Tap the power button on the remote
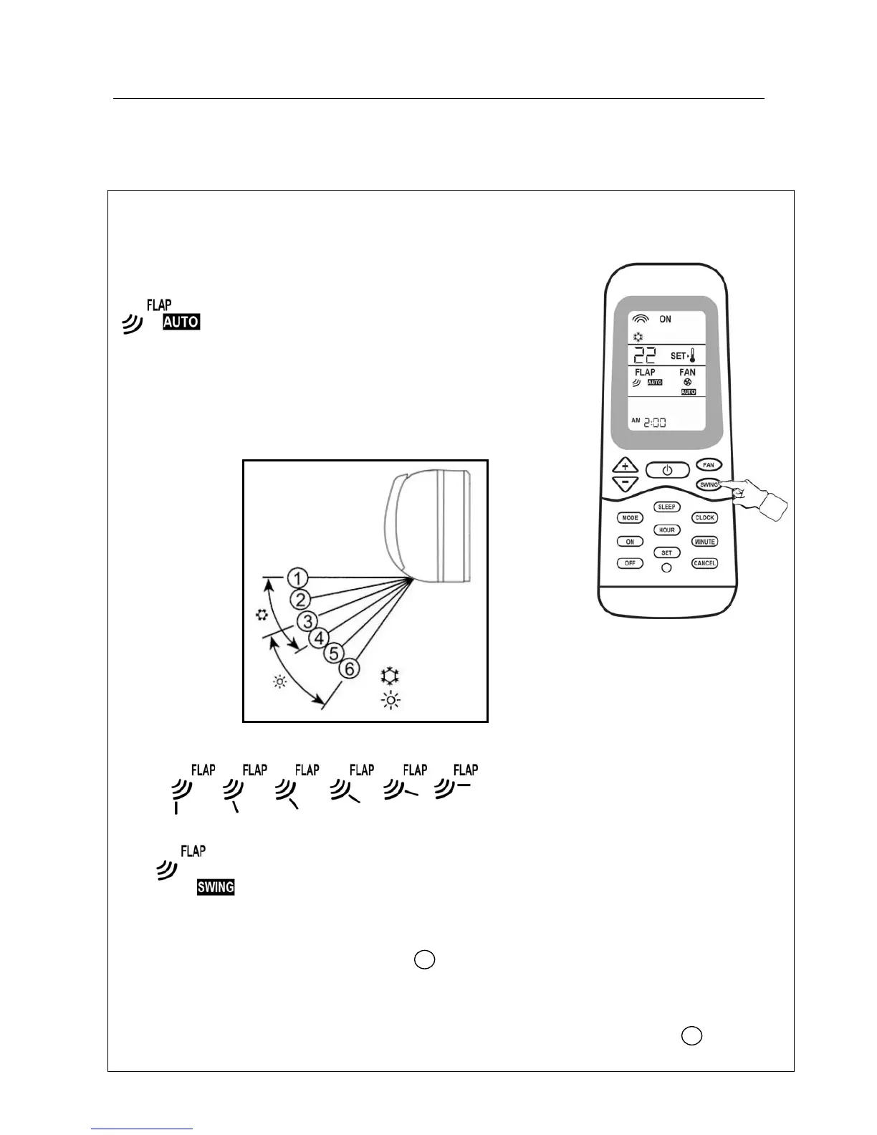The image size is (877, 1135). click(x=667, y=470)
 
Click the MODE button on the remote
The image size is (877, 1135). click(x=630, y=517)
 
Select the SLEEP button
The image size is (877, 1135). click(x=666, y=507)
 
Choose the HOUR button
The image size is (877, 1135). click(x=666, y=530)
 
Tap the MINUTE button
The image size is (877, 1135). click(x=704, y=542)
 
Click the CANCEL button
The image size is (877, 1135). click(x=704, y=563)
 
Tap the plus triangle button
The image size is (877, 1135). click(x=626, y=466)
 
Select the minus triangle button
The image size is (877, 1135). click(x=626, y=483)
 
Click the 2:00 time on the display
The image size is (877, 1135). click(x=654, y=422)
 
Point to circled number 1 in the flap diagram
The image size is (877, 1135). click(x=298, y=578)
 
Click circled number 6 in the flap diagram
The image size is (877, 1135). click(x=348, y=669)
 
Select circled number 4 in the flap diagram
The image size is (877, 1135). click(x=318, y=637)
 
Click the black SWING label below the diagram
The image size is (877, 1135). click(x=216, y=887)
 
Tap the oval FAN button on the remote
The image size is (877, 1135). click(x=708, y=465)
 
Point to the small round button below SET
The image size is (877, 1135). click(x=666, y=567)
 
